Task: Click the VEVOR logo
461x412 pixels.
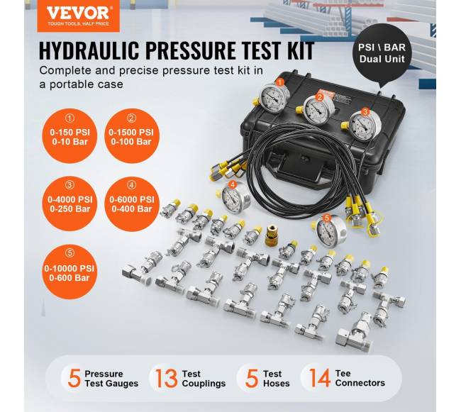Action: [x=78, y=16]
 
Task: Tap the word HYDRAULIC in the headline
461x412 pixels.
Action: [x=89, y=50]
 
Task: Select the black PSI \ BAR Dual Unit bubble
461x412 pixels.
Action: [x=382, y=54]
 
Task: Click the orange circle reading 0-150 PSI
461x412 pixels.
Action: [x=70, y=136]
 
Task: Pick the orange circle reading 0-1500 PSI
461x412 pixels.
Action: [x=131, y=136]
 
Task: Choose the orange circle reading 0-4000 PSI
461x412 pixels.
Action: [x=70, y=204]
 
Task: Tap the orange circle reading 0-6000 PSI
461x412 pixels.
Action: [x=131, y=204]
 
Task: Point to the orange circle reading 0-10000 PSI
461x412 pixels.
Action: [x=70, y=272]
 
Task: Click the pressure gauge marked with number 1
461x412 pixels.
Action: [x=274, y=97]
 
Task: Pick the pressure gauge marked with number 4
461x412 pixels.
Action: [x=234, y=196]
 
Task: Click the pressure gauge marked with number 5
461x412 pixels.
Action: [x=330, y=230]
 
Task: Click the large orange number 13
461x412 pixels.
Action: [x=166, y=379]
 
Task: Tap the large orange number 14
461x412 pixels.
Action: [x=320, y=378]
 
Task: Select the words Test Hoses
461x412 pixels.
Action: [x=276, y=379]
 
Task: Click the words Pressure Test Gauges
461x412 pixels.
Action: [x=111, y=379]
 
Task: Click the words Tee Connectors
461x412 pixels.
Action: [x=360, y=378]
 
